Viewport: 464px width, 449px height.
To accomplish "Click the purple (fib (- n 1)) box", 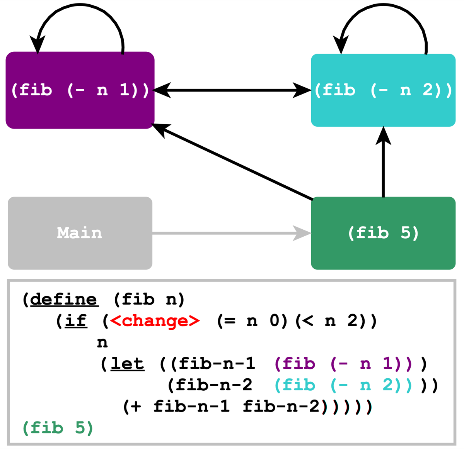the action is pos(80,90).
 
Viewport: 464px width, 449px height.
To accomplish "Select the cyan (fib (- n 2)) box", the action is pos(383,90).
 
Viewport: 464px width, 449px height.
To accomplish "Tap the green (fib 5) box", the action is pos(383,233).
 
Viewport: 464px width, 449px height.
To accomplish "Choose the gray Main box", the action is pos(80,233).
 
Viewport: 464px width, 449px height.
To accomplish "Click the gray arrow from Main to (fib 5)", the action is pos(232,233).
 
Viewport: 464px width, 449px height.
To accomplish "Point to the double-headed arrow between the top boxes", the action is pos(232,90).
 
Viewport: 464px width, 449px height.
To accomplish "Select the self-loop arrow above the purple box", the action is pos(80,5).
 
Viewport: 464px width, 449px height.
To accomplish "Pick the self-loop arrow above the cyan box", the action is pos(383,5).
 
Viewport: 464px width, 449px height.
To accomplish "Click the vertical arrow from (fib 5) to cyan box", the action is pos(383,162).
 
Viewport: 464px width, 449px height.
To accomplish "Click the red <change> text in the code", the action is pos(155,321).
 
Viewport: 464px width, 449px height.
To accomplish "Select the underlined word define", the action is pos(64,300).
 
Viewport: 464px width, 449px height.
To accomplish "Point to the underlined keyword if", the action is pos(76,321).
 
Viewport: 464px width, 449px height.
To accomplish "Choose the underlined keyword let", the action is pos(128,364).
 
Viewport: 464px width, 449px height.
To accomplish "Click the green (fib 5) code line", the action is pos(58,428).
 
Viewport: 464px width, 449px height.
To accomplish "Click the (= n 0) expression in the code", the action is pos(252,321).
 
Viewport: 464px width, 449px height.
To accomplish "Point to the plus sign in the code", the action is pos(136,407).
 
